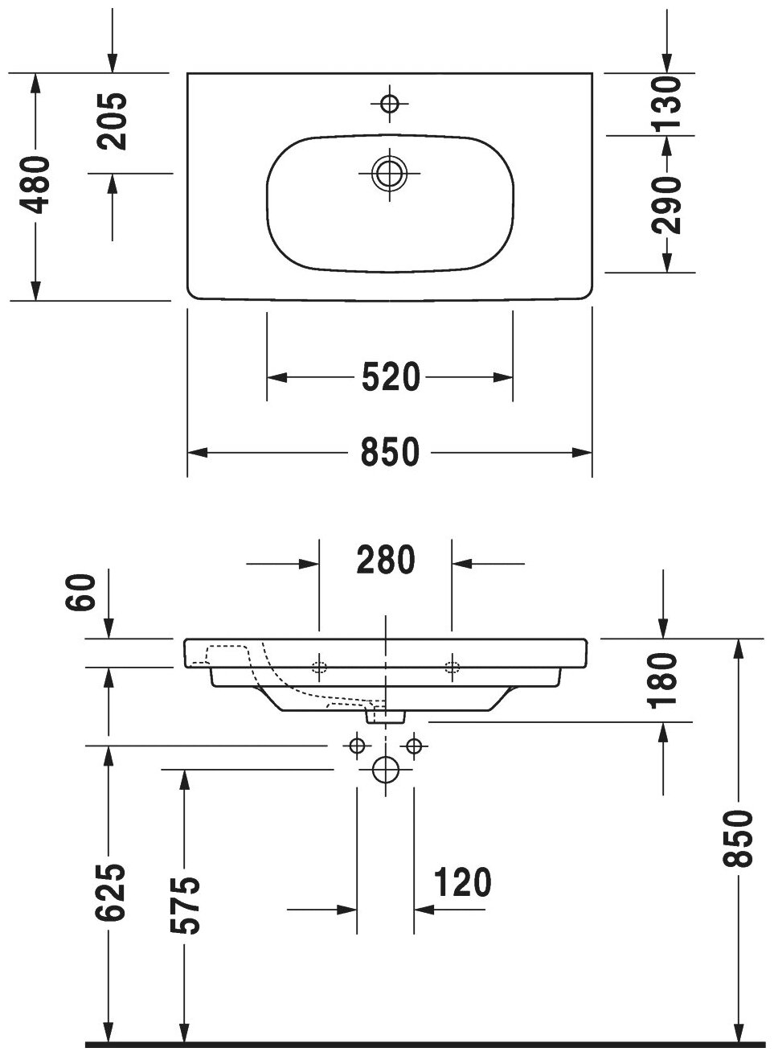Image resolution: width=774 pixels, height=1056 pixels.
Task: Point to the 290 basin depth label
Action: [667, 204]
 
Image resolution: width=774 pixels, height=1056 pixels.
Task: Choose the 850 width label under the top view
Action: [390, 453]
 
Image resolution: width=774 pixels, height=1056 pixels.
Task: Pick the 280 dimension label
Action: [386, 561]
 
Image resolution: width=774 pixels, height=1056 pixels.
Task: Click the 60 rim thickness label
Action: [84, 594]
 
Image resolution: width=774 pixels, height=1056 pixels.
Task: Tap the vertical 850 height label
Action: [739, 838]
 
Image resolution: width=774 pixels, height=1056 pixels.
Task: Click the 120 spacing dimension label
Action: [461, 882]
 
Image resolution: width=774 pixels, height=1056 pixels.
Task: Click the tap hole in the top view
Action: [390, 103]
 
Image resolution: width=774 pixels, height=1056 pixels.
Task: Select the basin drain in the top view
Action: [390, 172]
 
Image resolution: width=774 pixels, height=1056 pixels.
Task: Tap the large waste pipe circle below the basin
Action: [386, 770]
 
